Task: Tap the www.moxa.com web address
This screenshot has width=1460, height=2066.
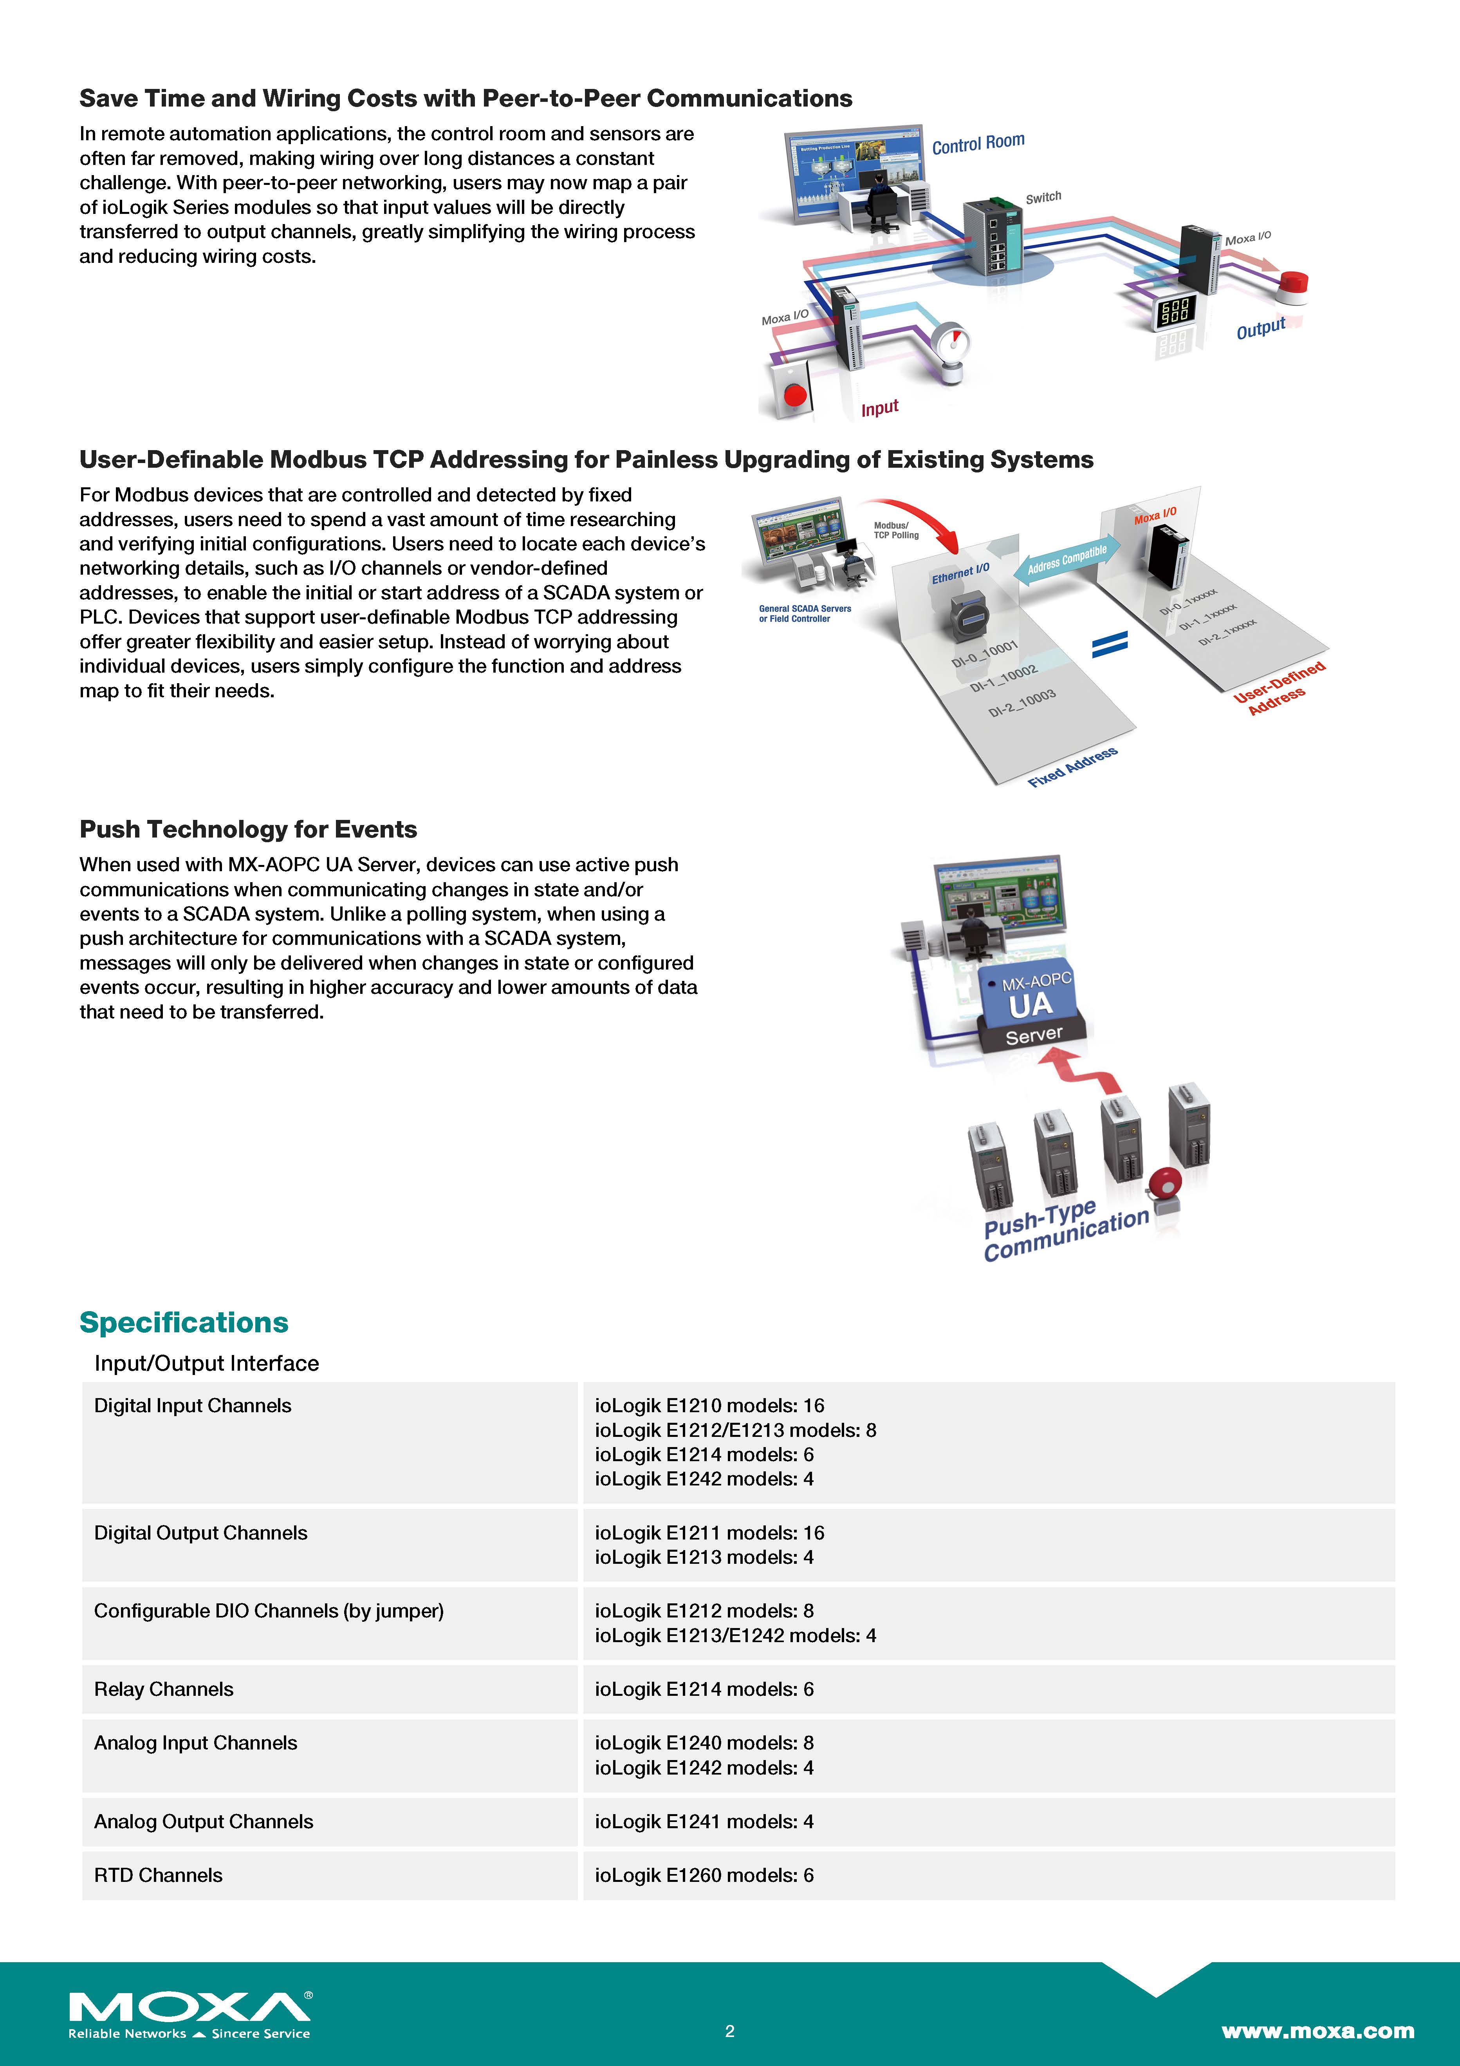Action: pos(1317,2031)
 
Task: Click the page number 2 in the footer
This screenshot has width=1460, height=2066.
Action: pos(729,2031)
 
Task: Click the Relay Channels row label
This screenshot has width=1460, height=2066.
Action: pos(164,1689)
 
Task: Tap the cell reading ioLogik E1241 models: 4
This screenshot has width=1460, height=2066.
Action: pos(704,1821)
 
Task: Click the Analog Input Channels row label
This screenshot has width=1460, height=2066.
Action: pos(195,1743)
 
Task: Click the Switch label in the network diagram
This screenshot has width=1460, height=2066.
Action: pos(1043,197)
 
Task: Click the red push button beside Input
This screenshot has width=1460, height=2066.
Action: pos(795,394)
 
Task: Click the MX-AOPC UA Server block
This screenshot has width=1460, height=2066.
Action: pos(1033,1008)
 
